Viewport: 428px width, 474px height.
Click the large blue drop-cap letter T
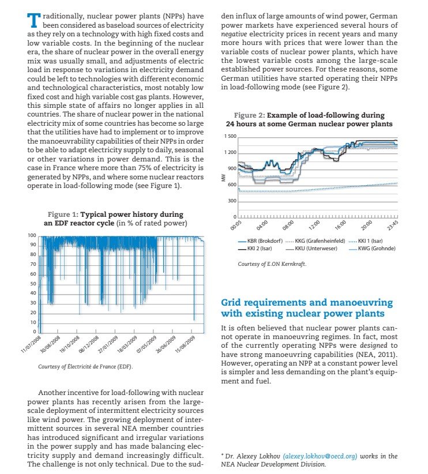tap(34, 21)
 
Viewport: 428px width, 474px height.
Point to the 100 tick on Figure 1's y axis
tap(33, 236)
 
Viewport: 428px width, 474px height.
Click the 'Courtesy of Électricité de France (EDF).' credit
tap(83, 366)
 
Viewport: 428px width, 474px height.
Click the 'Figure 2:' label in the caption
tap(250, 115)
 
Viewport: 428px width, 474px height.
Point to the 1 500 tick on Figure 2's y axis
tap(230, 137)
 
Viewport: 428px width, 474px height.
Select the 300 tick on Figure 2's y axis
tap(232, 201)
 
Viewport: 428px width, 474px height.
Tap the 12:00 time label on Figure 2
tap(314, 226)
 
